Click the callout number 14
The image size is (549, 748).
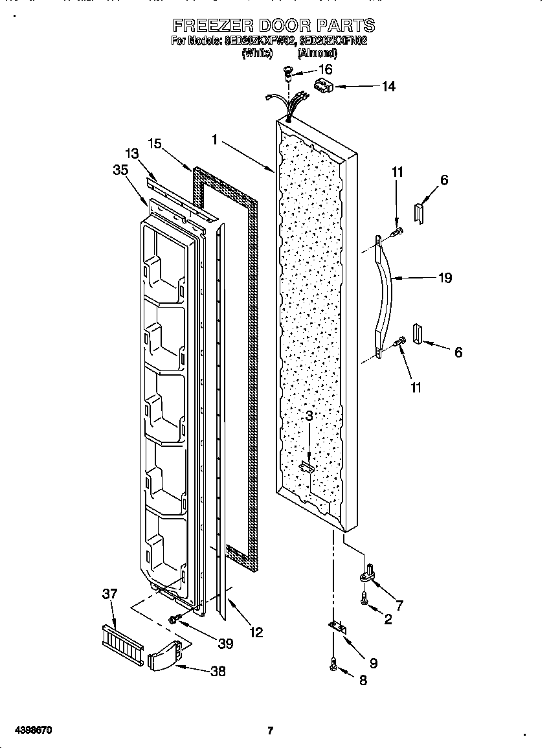pyautogui.click(x=388, y=86)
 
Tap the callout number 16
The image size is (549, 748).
pyautogui.click(x=325, y=69)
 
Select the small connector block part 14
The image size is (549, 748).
pyautogui.click(x=322, y=85)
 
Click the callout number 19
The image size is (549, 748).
pyautogui.click(x=444, y=278)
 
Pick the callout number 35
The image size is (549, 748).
pyautogui.click(x=120, y=170)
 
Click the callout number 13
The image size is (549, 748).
pyautogui.click(x=132, y=153)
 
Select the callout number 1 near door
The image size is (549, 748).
pyautogui.click(x=214, y=139)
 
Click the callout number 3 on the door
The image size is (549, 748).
pyautogui.click(x=309, y=416)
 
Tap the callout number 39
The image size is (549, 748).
pyautogui.click(x=225, y=643)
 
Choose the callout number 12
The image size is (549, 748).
pyautogui.click(x=256, y=632)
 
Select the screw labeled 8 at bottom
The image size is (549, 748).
pyautogui.click(x=333, y=664)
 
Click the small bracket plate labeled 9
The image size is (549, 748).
pyautogui.click(x=337, y=627)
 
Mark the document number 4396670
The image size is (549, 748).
pyautogui.click(x=31, y=731)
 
